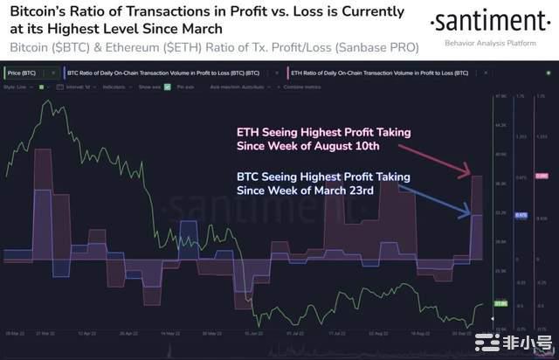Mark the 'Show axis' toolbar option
coord(149,88)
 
